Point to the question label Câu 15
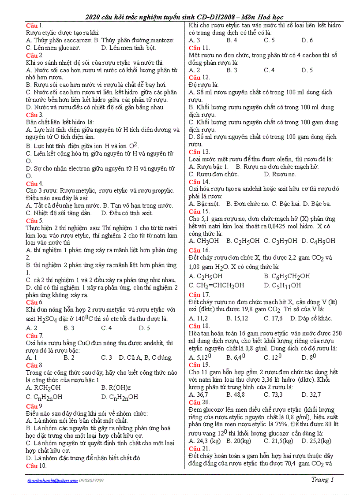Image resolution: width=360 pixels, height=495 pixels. [x=199, y=212]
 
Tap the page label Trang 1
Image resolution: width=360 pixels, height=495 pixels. [x=322, y=480]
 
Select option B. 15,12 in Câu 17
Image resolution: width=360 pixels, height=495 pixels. [x=237, y=318]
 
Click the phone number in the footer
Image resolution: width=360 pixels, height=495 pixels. [x=91, y=480]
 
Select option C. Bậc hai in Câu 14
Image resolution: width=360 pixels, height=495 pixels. [x=288, y=204]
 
